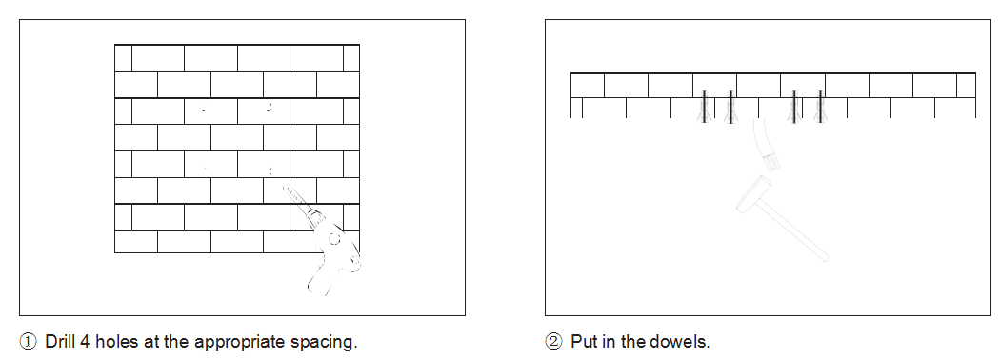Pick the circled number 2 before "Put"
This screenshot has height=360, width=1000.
(x=553, y=342)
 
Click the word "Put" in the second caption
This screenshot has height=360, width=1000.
(x=582, y=342)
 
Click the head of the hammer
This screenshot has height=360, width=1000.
(x=754, y=192)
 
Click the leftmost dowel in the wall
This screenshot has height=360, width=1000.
(x=704, y=107)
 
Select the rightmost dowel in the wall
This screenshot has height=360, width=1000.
(x=820, y=107)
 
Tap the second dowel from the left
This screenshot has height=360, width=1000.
(x=730, y=107)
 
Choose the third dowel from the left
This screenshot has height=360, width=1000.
(x=794, y=107)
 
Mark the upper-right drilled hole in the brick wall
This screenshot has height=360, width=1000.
(x=270, y=108)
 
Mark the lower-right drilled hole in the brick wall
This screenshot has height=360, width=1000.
(x=270, y=170)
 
